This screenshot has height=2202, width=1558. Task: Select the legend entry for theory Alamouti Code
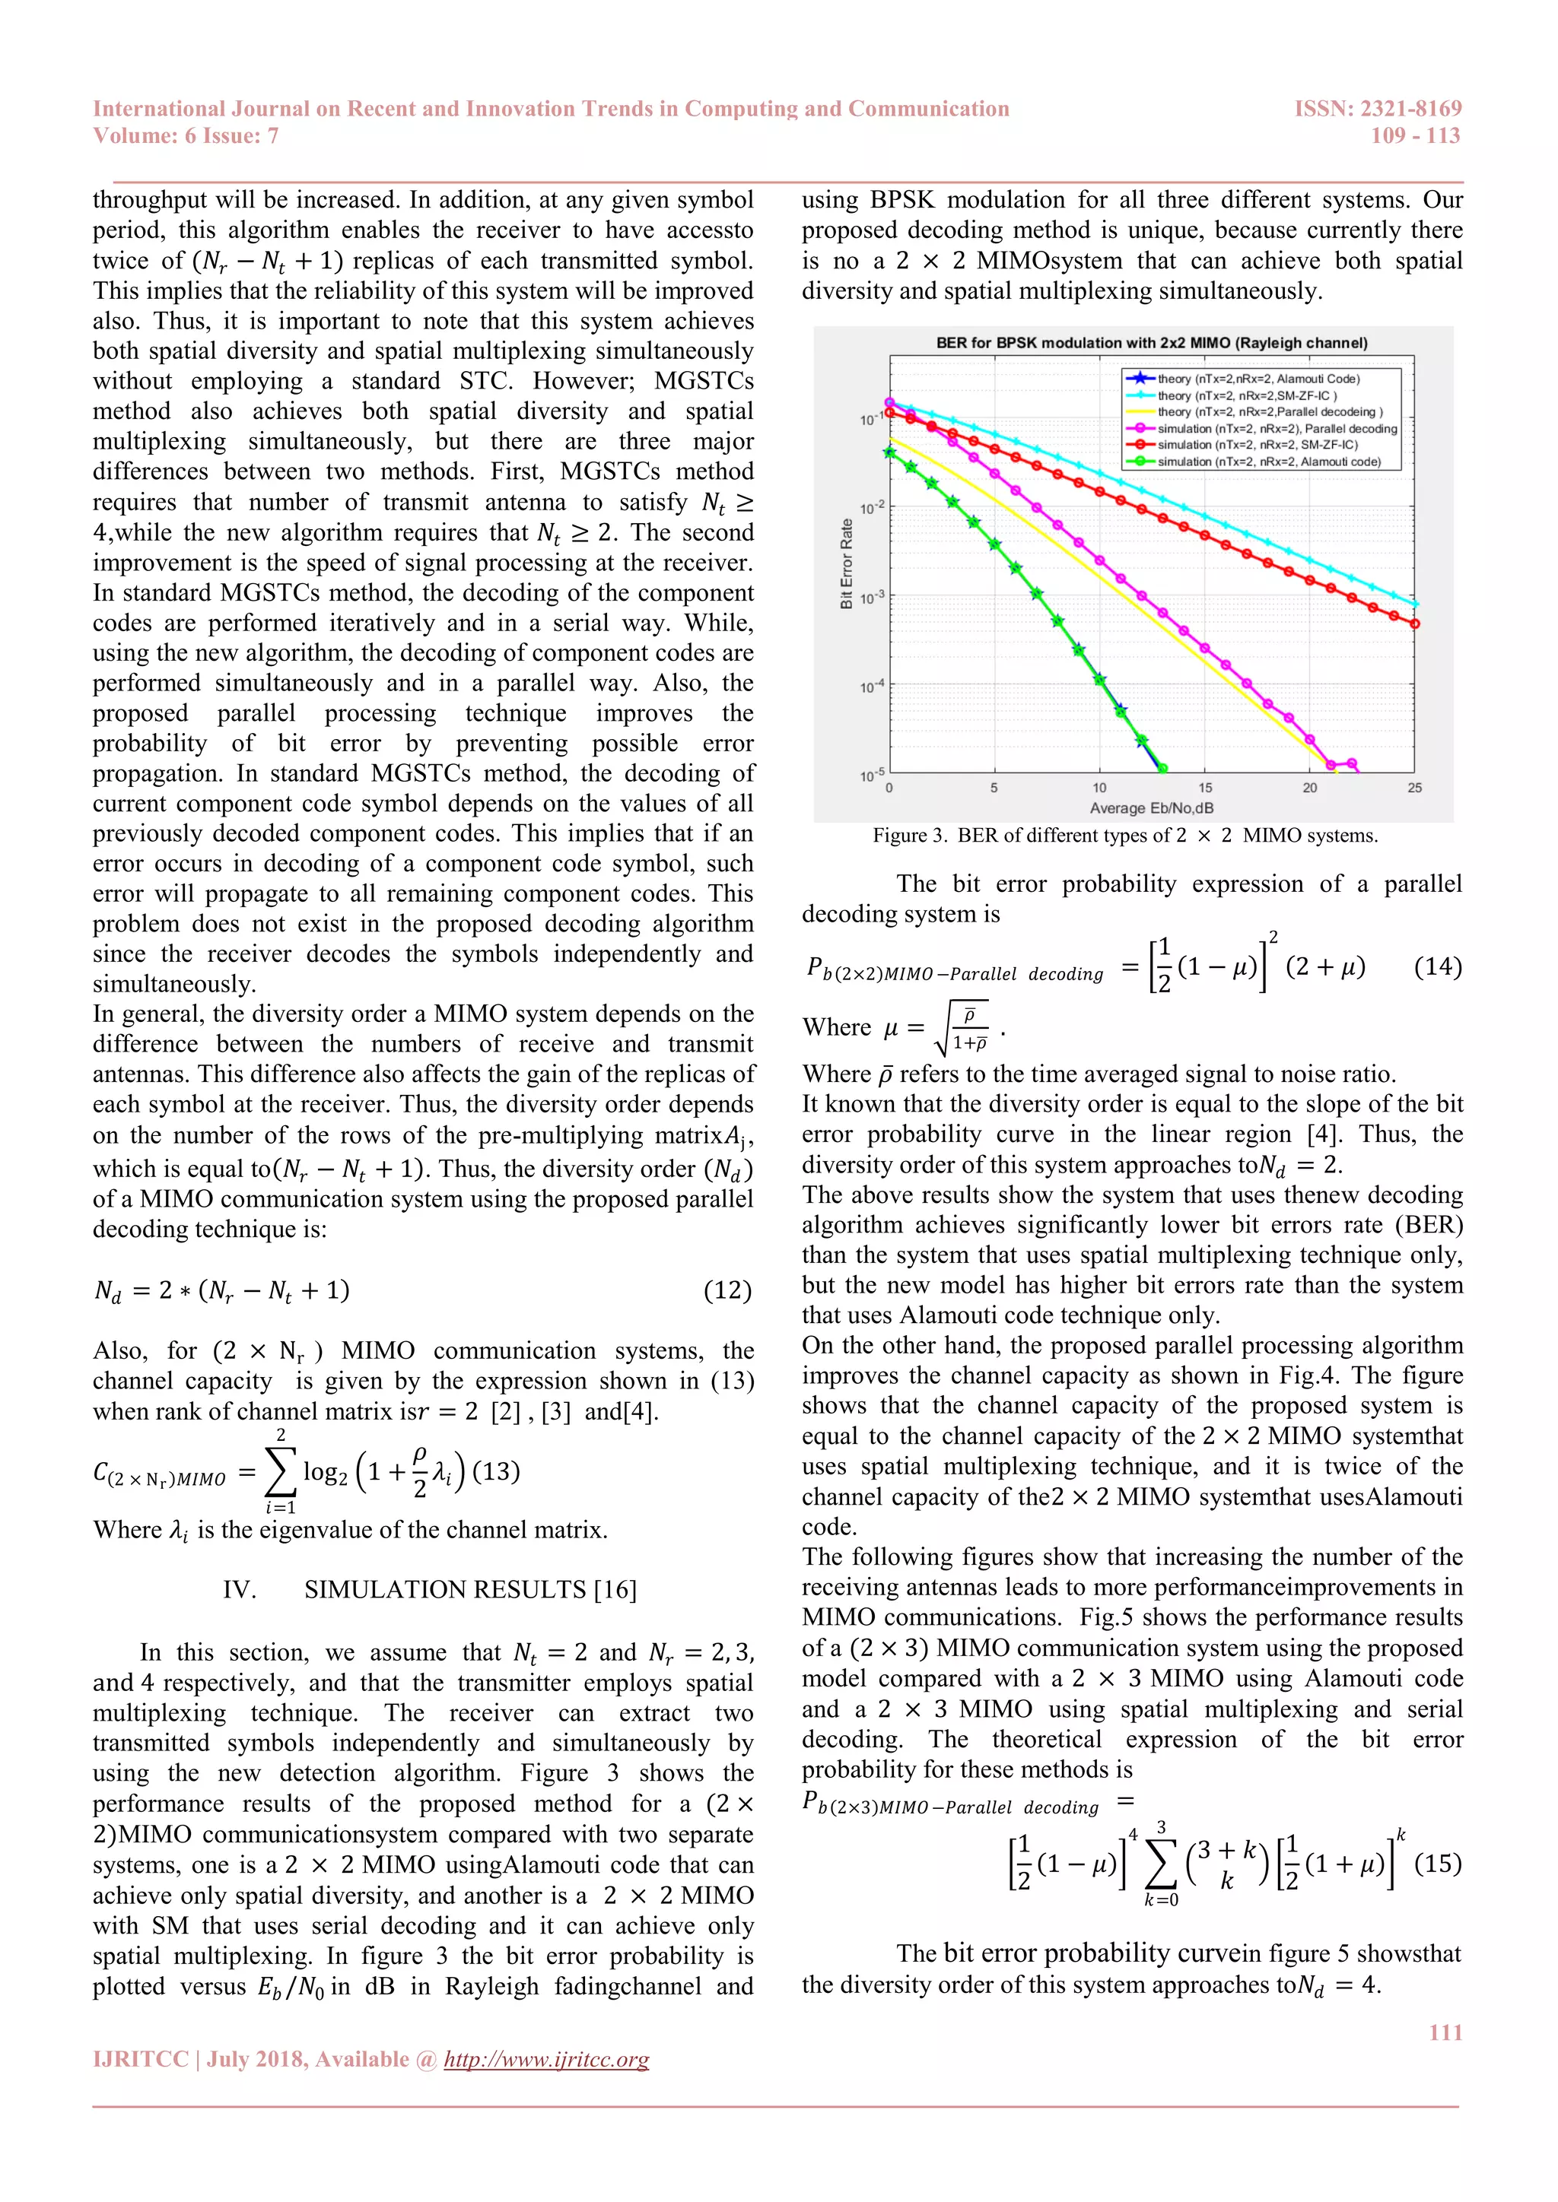point(1258,379)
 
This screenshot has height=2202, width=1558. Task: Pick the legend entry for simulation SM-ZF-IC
point(1257,445)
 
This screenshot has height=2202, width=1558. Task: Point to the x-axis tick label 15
point(1204,788)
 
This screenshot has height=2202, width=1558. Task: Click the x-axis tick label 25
point(1414,788)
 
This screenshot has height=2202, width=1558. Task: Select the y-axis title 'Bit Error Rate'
point(846,564)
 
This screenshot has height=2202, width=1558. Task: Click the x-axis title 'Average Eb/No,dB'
point(1151,808)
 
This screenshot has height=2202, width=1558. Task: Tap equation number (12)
point(727,1290)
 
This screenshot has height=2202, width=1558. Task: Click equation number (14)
point(1437,966)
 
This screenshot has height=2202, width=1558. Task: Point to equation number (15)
point(1437,1864)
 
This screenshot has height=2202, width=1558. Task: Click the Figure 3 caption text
point(1124,836)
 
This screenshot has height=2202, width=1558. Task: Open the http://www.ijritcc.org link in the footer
point(546,2059)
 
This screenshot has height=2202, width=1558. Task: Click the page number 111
point(1445,2032)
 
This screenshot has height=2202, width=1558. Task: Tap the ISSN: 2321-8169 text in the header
point(1378,109)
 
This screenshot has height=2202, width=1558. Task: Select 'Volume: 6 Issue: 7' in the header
point(185,135)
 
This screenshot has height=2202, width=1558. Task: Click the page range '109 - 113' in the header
point(1415,135)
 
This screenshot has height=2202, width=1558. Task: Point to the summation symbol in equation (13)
point(279,1472)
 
